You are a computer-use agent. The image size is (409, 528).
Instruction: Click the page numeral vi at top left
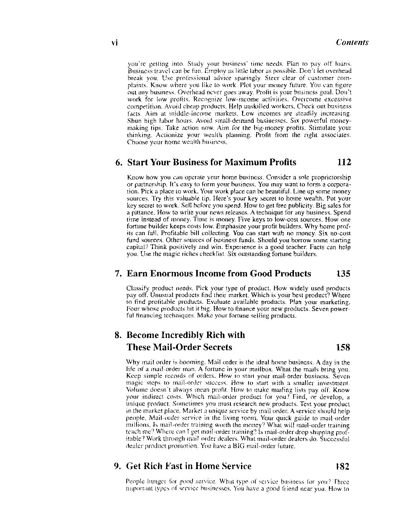[x=115, y=43]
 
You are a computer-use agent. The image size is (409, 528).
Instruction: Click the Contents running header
[x=352, y=42]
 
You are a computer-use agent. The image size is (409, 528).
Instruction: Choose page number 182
[x=342, y=466]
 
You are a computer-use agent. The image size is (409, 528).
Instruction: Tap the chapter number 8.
[x=118, y=335]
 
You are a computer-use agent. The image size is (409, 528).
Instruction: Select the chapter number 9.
[x=117, y=466]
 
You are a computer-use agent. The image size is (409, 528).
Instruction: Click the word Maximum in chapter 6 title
[x=246, y=162]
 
